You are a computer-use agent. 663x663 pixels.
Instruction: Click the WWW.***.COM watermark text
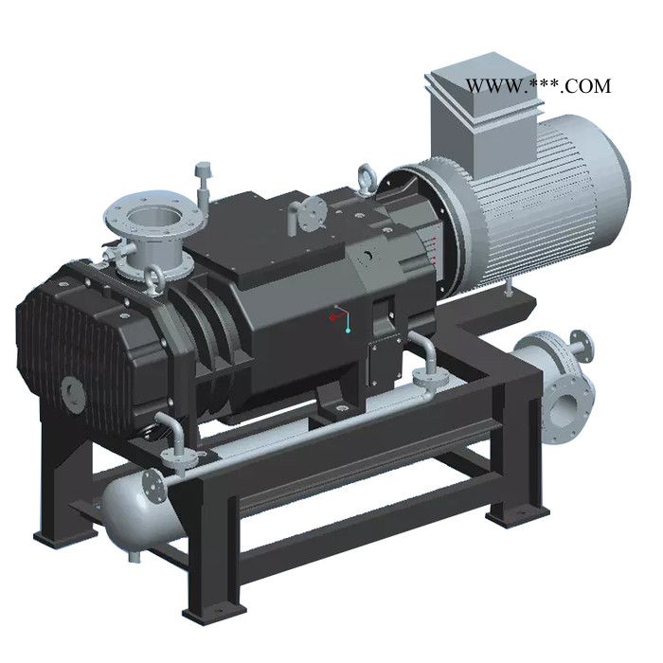point(538,86)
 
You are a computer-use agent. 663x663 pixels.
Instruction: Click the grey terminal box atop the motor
point(483,115)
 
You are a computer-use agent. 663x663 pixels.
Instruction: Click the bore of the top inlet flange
point(154,218)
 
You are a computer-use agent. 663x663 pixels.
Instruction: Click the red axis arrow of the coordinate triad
point(336,316)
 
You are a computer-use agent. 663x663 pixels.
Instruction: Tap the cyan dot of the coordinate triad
point(348,331)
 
